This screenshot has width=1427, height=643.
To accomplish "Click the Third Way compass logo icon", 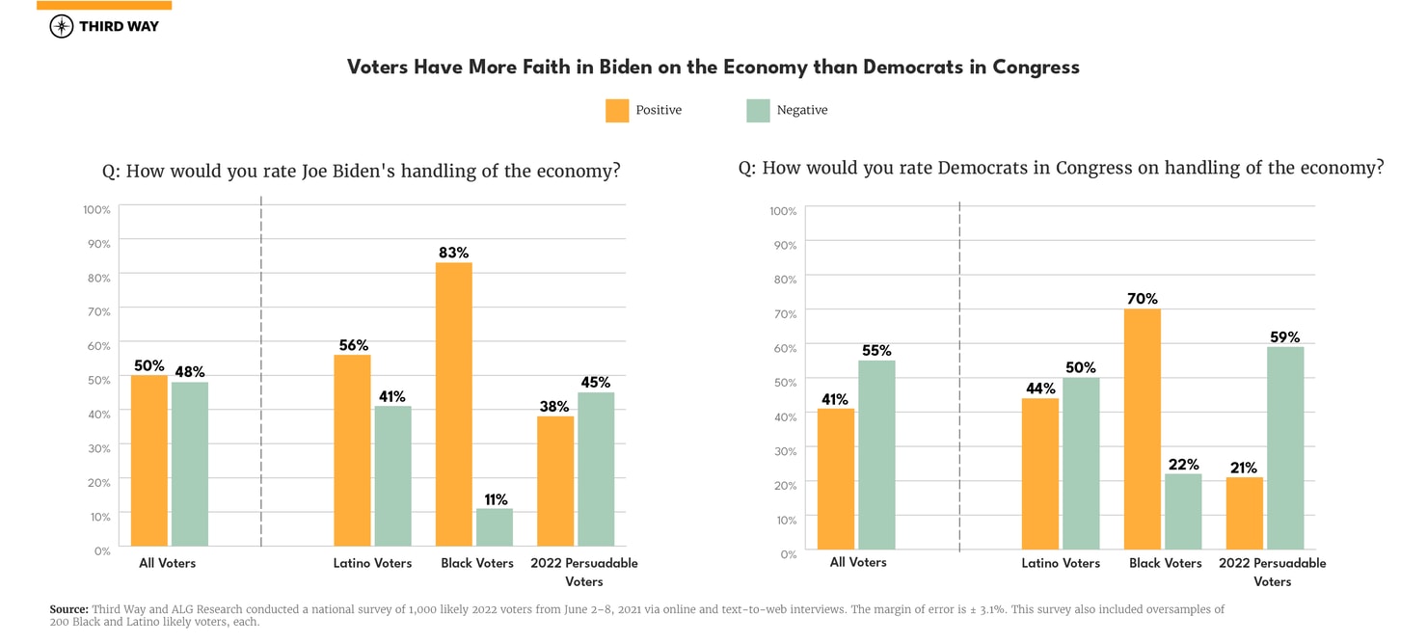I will [61, 26].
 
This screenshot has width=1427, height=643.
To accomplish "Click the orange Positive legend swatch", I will [617, 110].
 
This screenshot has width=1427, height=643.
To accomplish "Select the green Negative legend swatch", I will [758, 110].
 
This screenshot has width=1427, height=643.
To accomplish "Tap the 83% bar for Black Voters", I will [453, 404].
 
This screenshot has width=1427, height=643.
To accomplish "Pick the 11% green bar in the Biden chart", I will [494, 527].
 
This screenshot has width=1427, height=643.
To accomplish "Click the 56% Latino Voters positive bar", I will [352, 450].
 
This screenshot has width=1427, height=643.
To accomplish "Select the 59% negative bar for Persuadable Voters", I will [1285, 448].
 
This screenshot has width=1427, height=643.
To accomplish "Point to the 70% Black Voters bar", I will [1143, 429].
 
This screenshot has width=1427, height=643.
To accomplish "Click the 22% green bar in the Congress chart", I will [1183, 512].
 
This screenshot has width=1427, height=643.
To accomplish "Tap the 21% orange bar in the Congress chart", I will [1245, 514].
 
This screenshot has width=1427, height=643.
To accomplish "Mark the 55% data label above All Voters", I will [876, 351].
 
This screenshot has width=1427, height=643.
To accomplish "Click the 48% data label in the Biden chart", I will [190, 372].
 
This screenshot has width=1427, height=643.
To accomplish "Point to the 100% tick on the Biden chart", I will [96, 209].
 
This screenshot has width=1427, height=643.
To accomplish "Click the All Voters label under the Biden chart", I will [168, 563].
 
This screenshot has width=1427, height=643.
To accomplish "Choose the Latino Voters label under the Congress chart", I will [1061, 563].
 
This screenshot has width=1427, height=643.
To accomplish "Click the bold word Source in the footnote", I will [68, 609].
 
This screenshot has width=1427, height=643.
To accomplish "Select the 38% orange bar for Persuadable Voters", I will [554, 481].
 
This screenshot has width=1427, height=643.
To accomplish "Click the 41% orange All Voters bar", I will [836, 479].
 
